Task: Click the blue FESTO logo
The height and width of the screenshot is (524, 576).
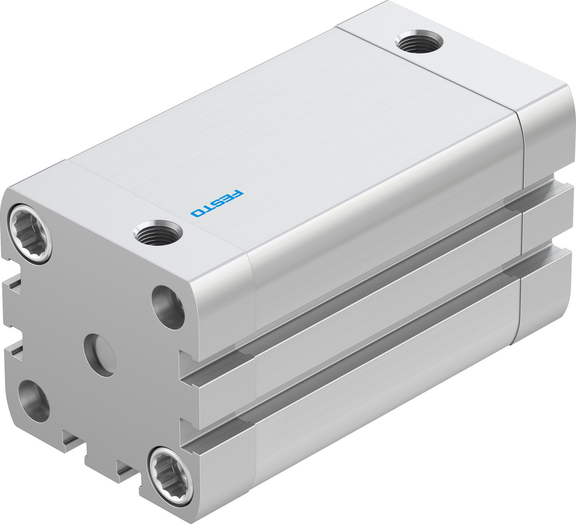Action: (x=217, y=203)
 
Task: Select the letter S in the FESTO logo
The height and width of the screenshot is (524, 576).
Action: (x=217, y=203)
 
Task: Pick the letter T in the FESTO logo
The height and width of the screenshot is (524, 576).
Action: (x=206, y=208)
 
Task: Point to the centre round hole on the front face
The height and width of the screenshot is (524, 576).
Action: (x=99, y=354)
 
